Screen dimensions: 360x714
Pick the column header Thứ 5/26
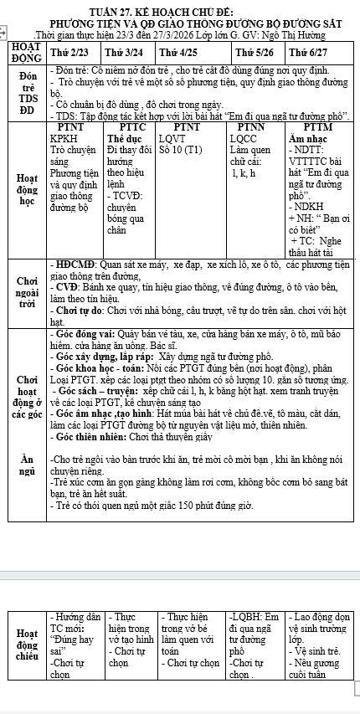254,52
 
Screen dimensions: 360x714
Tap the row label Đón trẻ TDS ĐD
23,91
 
